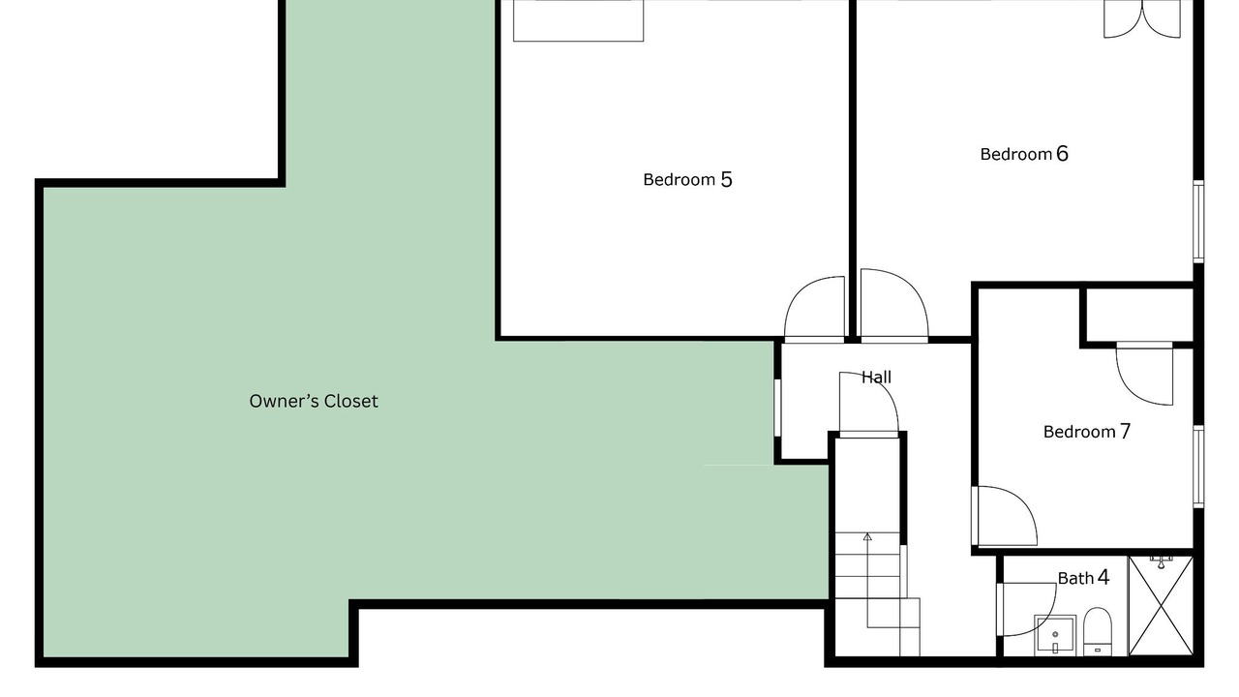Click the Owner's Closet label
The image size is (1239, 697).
(x=314, y=401)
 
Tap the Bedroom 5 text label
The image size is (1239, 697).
(x=687, y=179)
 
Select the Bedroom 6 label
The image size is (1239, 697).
(x=1024, y=154)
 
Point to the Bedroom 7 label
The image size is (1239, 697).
(x=1087, y=432)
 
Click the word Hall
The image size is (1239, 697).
(x=876, y=378)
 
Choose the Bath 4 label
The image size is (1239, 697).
(x=1083, y=578)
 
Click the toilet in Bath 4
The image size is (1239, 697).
(x=1098, y=632)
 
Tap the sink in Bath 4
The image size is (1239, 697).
(x=1055, y=635)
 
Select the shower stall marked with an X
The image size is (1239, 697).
(x=1161, y=606)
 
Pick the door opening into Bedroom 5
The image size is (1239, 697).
(x=814, y=309)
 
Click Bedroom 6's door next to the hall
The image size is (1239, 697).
(x=894, y=305)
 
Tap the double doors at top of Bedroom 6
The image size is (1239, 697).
(x=1142, y=19)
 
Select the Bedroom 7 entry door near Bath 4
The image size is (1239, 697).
(x=1005, y=516)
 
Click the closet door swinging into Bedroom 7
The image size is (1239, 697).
(x=1144, y=374)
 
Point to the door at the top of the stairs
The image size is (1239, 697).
(x=869, y=405)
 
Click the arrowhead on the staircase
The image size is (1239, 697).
(x=867, y=536)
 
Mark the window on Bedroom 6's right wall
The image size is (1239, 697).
(x=1198, y=222)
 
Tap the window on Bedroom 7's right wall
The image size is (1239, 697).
(x=1198, y=467)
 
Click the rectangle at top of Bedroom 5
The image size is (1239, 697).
(x=579, y=20)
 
